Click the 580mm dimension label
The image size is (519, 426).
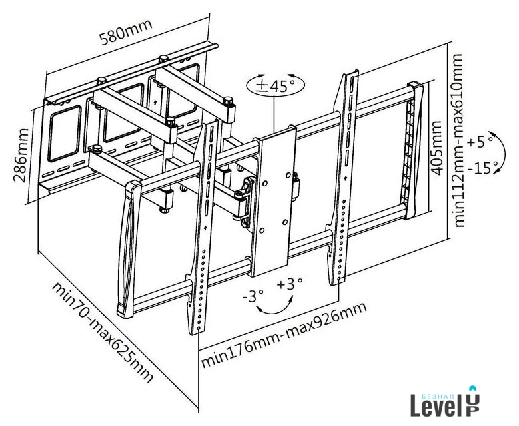coord(126,32)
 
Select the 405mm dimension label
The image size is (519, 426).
coord(436,148)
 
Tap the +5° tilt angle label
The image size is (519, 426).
coord(480,142)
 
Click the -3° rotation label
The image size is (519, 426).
coord(253,294)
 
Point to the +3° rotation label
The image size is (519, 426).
coord(290,284)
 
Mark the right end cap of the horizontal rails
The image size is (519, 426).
coord(417,150)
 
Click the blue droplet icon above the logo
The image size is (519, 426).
coord(473,388)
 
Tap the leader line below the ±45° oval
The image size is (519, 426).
coord(273,113)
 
